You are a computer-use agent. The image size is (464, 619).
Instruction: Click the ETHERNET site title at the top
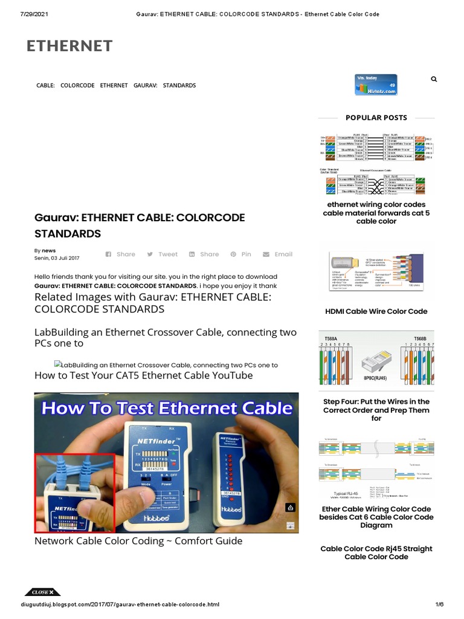coord(69,46)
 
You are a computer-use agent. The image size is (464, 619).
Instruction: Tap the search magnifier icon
coord(434,79)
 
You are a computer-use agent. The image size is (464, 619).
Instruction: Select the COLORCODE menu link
coord(77,86)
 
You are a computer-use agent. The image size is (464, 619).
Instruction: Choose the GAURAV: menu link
coord(145,86)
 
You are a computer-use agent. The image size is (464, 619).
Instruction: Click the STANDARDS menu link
coord(179,86)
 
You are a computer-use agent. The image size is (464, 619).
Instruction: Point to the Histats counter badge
coord(376,85)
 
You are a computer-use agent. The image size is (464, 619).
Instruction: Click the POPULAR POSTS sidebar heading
coord(376,118)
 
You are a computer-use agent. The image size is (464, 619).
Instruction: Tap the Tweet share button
coord(163,254)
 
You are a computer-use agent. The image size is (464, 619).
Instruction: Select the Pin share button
coord(240,254)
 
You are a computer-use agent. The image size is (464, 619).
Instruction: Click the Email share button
coord(277,254)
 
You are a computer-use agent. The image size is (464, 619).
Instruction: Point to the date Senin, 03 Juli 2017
coord(57,258)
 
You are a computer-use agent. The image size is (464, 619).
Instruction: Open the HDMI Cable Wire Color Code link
coord(376,311)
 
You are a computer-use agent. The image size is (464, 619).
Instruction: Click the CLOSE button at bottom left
coord(42,592)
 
